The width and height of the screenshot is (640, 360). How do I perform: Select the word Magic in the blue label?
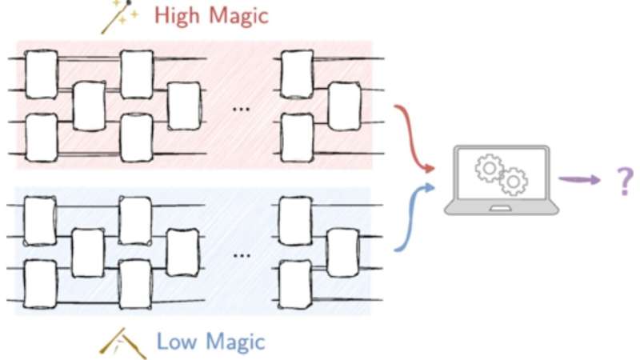point(234,342)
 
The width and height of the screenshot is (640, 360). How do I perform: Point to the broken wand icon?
point(122,342)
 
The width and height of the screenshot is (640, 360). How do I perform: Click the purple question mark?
point(622,180)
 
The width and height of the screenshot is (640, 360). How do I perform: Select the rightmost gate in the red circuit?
point(345,106)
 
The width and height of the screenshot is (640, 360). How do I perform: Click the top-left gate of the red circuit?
point(41,74)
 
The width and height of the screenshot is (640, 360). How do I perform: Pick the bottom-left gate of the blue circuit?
point(40,284)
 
